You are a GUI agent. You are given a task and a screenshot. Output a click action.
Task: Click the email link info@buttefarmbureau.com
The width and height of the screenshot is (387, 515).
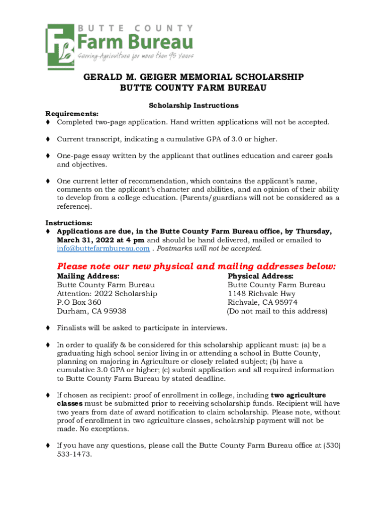point(103,248)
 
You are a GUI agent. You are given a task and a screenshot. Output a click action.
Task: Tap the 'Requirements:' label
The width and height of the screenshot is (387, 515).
point(72,114)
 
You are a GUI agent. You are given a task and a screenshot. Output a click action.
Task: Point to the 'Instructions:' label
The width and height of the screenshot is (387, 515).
point(69,223)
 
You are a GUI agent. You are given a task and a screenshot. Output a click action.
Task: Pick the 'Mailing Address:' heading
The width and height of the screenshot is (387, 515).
point(88,276)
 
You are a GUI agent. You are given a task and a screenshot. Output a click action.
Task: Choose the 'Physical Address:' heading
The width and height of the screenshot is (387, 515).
point(260,276)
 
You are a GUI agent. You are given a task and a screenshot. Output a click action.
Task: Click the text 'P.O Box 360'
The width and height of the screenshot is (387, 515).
point(79,302)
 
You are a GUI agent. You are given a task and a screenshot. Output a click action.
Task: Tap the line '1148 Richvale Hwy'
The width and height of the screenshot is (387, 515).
point(261,294)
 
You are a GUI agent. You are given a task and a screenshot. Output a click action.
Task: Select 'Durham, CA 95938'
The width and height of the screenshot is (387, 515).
point(91,311)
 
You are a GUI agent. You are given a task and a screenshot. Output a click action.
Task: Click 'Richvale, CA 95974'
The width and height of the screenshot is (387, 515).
point(262,302)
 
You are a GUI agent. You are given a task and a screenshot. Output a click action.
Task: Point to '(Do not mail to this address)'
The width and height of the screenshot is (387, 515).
point(277,311)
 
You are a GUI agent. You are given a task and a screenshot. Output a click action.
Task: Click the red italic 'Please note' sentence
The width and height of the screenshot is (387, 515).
point(196,266)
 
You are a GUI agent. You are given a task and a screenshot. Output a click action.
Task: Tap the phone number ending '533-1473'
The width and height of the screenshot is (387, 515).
point(74,454)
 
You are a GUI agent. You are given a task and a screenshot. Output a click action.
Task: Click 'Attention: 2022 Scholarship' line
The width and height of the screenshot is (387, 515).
point(107,294)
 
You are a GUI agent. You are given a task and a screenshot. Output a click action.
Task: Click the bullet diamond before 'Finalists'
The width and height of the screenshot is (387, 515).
point(48,328)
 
